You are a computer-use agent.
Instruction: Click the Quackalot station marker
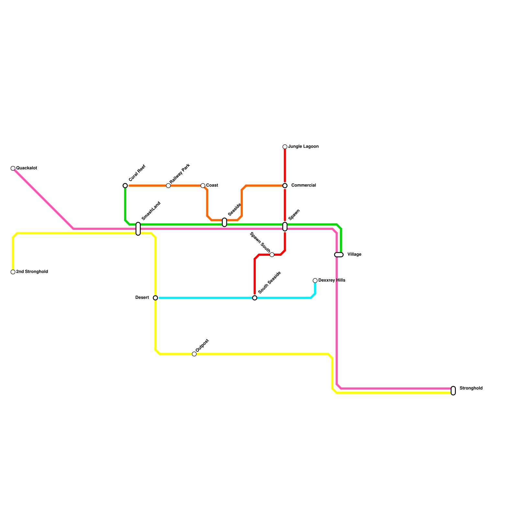click(13, 168)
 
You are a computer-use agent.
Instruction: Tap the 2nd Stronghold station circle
click(13, 272)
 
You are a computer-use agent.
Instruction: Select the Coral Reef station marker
click(125, 186)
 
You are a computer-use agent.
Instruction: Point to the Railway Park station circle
click(168, 186)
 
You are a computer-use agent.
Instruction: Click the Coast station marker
click(203, 186)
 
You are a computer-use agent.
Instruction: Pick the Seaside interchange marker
click(224, 222)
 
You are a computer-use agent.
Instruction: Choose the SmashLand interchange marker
click(138, 229)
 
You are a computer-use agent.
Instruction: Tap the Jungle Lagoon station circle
click(285, 147)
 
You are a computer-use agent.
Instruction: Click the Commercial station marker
click(285, 186)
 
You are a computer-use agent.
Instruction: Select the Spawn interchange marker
click(285, 227)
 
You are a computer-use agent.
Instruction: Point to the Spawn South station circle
click(272, 255)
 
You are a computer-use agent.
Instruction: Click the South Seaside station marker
click(255, 298)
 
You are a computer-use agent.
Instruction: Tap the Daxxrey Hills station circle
click(315, 281)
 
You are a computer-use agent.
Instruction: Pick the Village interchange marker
click(339, 255)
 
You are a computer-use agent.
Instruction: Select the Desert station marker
click(155, 298)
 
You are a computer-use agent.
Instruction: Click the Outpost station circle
click(194, 354)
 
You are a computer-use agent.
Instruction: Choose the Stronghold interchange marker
click(453, 391)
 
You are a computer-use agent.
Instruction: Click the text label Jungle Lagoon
click(303, 147)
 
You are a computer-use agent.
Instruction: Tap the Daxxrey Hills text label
click(332, 280)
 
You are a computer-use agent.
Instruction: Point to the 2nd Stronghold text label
click(32, 272)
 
